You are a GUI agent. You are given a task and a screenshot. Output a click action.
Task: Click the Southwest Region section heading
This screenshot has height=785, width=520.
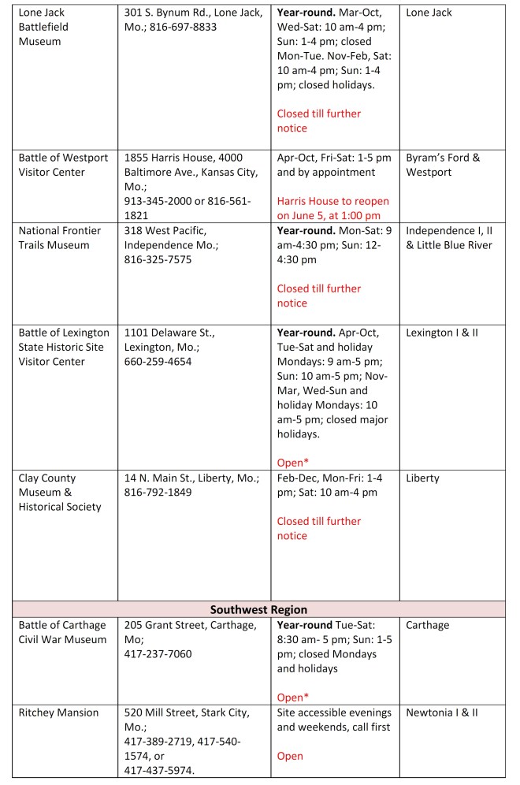(259, 609)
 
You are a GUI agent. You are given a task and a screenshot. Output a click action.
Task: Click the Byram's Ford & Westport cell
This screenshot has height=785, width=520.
(443, 165)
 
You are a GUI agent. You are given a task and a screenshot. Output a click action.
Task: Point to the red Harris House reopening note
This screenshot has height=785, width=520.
(333, 208)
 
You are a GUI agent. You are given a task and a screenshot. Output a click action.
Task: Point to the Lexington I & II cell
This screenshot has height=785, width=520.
(441, 333)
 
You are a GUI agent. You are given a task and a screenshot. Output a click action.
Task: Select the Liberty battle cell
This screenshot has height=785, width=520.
(423, 478)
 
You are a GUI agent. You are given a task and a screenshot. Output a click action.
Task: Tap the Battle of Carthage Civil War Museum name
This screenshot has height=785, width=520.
(62, 632)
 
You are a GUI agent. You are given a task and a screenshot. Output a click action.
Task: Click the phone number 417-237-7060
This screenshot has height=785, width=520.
(158, 654)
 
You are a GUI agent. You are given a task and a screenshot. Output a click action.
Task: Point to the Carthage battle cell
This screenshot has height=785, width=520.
(428, 625)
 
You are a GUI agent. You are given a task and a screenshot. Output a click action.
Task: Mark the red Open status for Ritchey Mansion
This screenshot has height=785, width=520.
(290, 756)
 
